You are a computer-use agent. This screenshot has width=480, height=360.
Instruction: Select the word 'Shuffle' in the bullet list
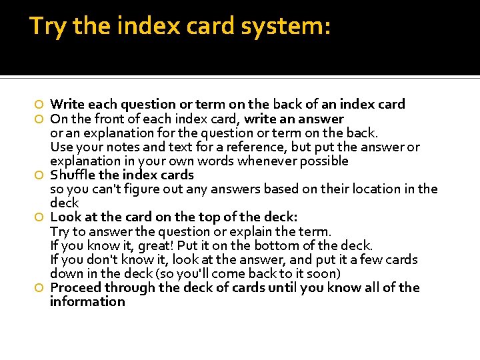[72, 175]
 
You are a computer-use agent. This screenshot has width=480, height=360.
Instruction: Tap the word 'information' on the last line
[87, 301]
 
